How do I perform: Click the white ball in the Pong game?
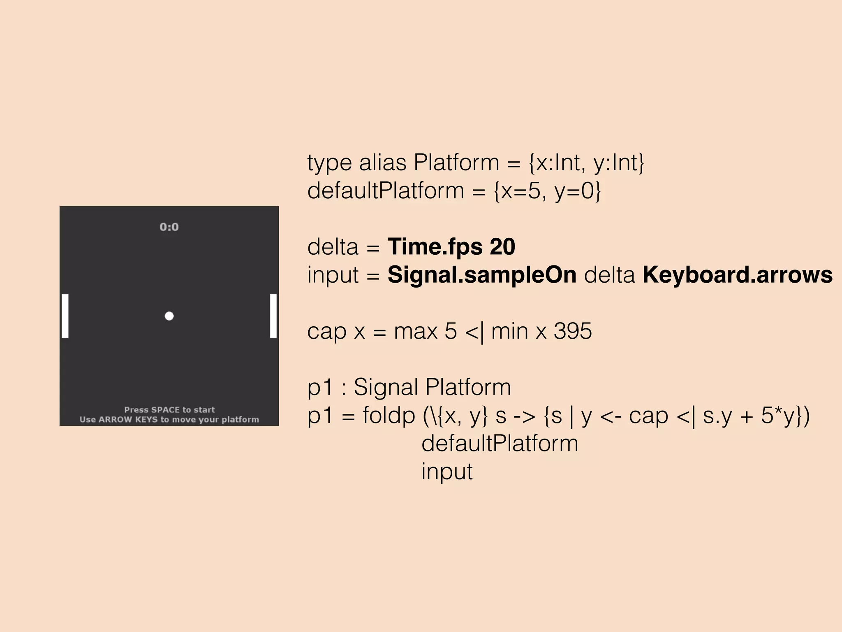tap(169, 316)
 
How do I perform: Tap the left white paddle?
tap(65, 316)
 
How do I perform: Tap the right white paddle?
tap(273, 316)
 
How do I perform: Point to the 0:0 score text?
tap(169, 227)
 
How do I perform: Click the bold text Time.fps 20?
tap(451, 247)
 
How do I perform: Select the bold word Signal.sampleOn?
tap(482, 275)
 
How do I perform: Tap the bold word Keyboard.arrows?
tap(738, 275)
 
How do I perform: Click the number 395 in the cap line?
tap(573, 331)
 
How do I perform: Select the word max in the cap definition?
tap(415, 331)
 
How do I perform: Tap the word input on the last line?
tap(447, 472)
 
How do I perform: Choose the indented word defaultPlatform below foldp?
tap(500, 444)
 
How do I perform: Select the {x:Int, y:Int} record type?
tap(586, 163)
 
